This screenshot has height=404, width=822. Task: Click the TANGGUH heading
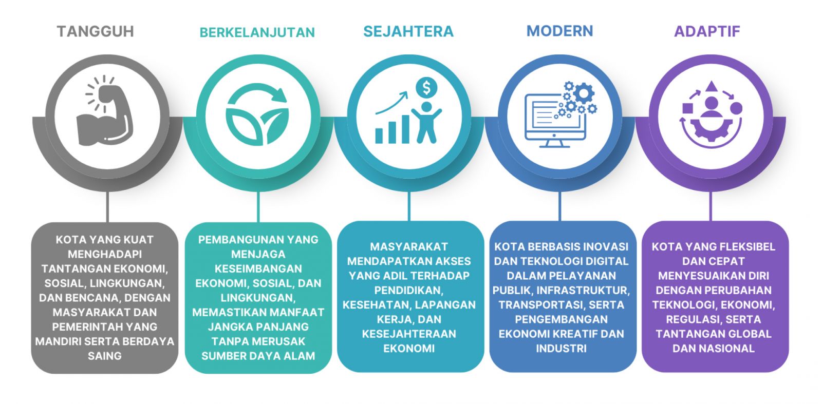[96, 31]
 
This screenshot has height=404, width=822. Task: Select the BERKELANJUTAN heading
[257, 33]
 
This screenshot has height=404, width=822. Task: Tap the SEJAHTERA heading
[408, 31]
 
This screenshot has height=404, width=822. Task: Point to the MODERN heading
[559, 31]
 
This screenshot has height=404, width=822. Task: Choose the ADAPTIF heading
[707, 31]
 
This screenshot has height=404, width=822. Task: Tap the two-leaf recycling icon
[257, 113]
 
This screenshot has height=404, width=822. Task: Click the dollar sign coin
[426, 88]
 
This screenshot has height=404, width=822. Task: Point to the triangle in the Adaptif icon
[711, 87]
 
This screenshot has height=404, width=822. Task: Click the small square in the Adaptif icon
[687, 108]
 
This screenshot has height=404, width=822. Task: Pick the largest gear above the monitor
[584, 93]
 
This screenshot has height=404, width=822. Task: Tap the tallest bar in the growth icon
[405, 129]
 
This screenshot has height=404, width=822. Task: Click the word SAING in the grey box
[105, 356]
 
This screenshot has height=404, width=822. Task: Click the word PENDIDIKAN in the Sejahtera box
[409, 291]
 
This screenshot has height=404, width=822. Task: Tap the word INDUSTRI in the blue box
[561, 349]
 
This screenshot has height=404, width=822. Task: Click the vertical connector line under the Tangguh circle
[107, 206]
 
